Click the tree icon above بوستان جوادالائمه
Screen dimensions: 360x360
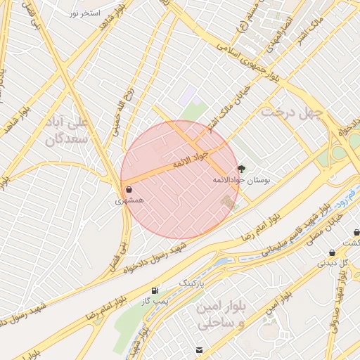tap(242, 169)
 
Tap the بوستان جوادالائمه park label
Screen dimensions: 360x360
tap(241, 180)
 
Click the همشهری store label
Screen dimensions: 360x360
tap(129, 200)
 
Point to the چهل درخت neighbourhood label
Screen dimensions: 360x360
tap(292, 112)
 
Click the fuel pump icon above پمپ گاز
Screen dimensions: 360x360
tap(154, 290)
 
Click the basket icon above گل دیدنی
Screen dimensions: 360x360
tap(332, 252)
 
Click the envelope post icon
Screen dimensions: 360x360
tap(200, 349)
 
